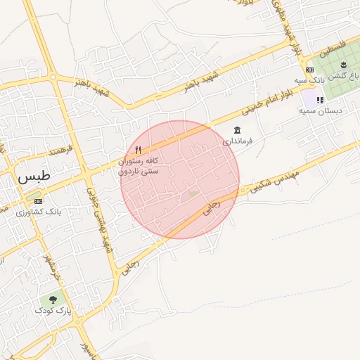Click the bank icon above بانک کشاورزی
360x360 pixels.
[38, 202]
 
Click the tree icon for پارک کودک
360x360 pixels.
[53, 300]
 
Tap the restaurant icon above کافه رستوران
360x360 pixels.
[138, 150]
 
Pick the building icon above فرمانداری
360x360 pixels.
[237, 131]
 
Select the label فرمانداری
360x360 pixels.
[237, 141]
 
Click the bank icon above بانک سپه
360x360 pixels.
[310, 70]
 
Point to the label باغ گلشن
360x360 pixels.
[344, 75]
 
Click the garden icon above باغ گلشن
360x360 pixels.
[354, 65]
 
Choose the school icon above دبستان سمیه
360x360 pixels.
[321, 101]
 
